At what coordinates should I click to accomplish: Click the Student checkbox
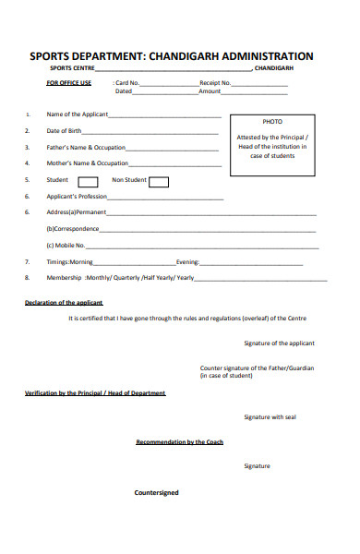point(88,182)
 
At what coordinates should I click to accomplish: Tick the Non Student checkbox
point(159,182)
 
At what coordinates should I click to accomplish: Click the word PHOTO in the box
point(272,122)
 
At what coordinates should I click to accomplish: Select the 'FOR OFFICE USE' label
point(69,83)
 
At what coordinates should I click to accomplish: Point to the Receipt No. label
point(215,83)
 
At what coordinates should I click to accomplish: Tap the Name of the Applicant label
point(78,114)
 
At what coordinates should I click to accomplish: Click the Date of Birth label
point(64,131)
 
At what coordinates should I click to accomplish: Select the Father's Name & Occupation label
point(86,148)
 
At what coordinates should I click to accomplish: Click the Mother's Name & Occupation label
point(87,163)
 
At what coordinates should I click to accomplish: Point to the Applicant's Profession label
point(78,197)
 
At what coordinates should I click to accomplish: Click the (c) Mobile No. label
point(66,246)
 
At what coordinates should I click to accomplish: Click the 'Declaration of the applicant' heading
point(64,303)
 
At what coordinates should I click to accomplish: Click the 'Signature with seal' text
point(270,417)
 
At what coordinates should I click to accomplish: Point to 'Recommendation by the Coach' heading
point(179,442)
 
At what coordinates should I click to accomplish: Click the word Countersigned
point(157,492)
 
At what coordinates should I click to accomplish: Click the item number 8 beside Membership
point(27,278)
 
